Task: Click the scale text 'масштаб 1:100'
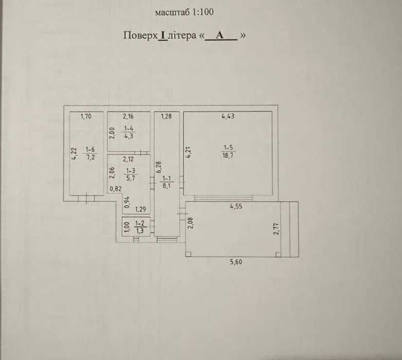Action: (185, 12)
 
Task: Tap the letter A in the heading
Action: (220, 35)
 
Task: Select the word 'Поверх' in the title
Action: (140, 35)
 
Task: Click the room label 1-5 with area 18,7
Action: (228, 152)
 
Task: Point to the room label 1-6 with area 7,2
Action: (90, 153)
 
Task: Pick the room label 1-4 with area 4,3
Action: (129, 132)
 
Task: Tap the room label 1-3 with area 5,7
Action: (131, 174)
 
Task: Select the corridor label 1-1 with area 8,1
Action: (167, 182)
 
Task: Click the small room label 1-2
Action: (140, 227)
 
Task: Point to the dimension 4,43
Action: (228, 116)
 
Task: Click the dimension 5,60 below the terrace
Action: (236, 262)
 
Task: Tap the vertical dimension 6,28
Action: (158, 167)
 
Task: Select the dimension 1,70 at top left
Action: (86, 116)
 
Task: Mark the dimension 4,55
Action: (236, 206)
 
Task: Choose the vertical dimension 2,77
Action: (276, 229)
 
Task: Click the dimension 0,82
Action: (116, 189)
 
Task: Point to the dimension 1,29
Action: (141, 209)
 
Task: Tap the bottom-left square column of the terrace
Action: (189, 254)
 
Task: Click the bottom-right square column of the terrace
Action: (278, 254)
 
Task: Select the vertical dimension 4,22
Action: (74, 154)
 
